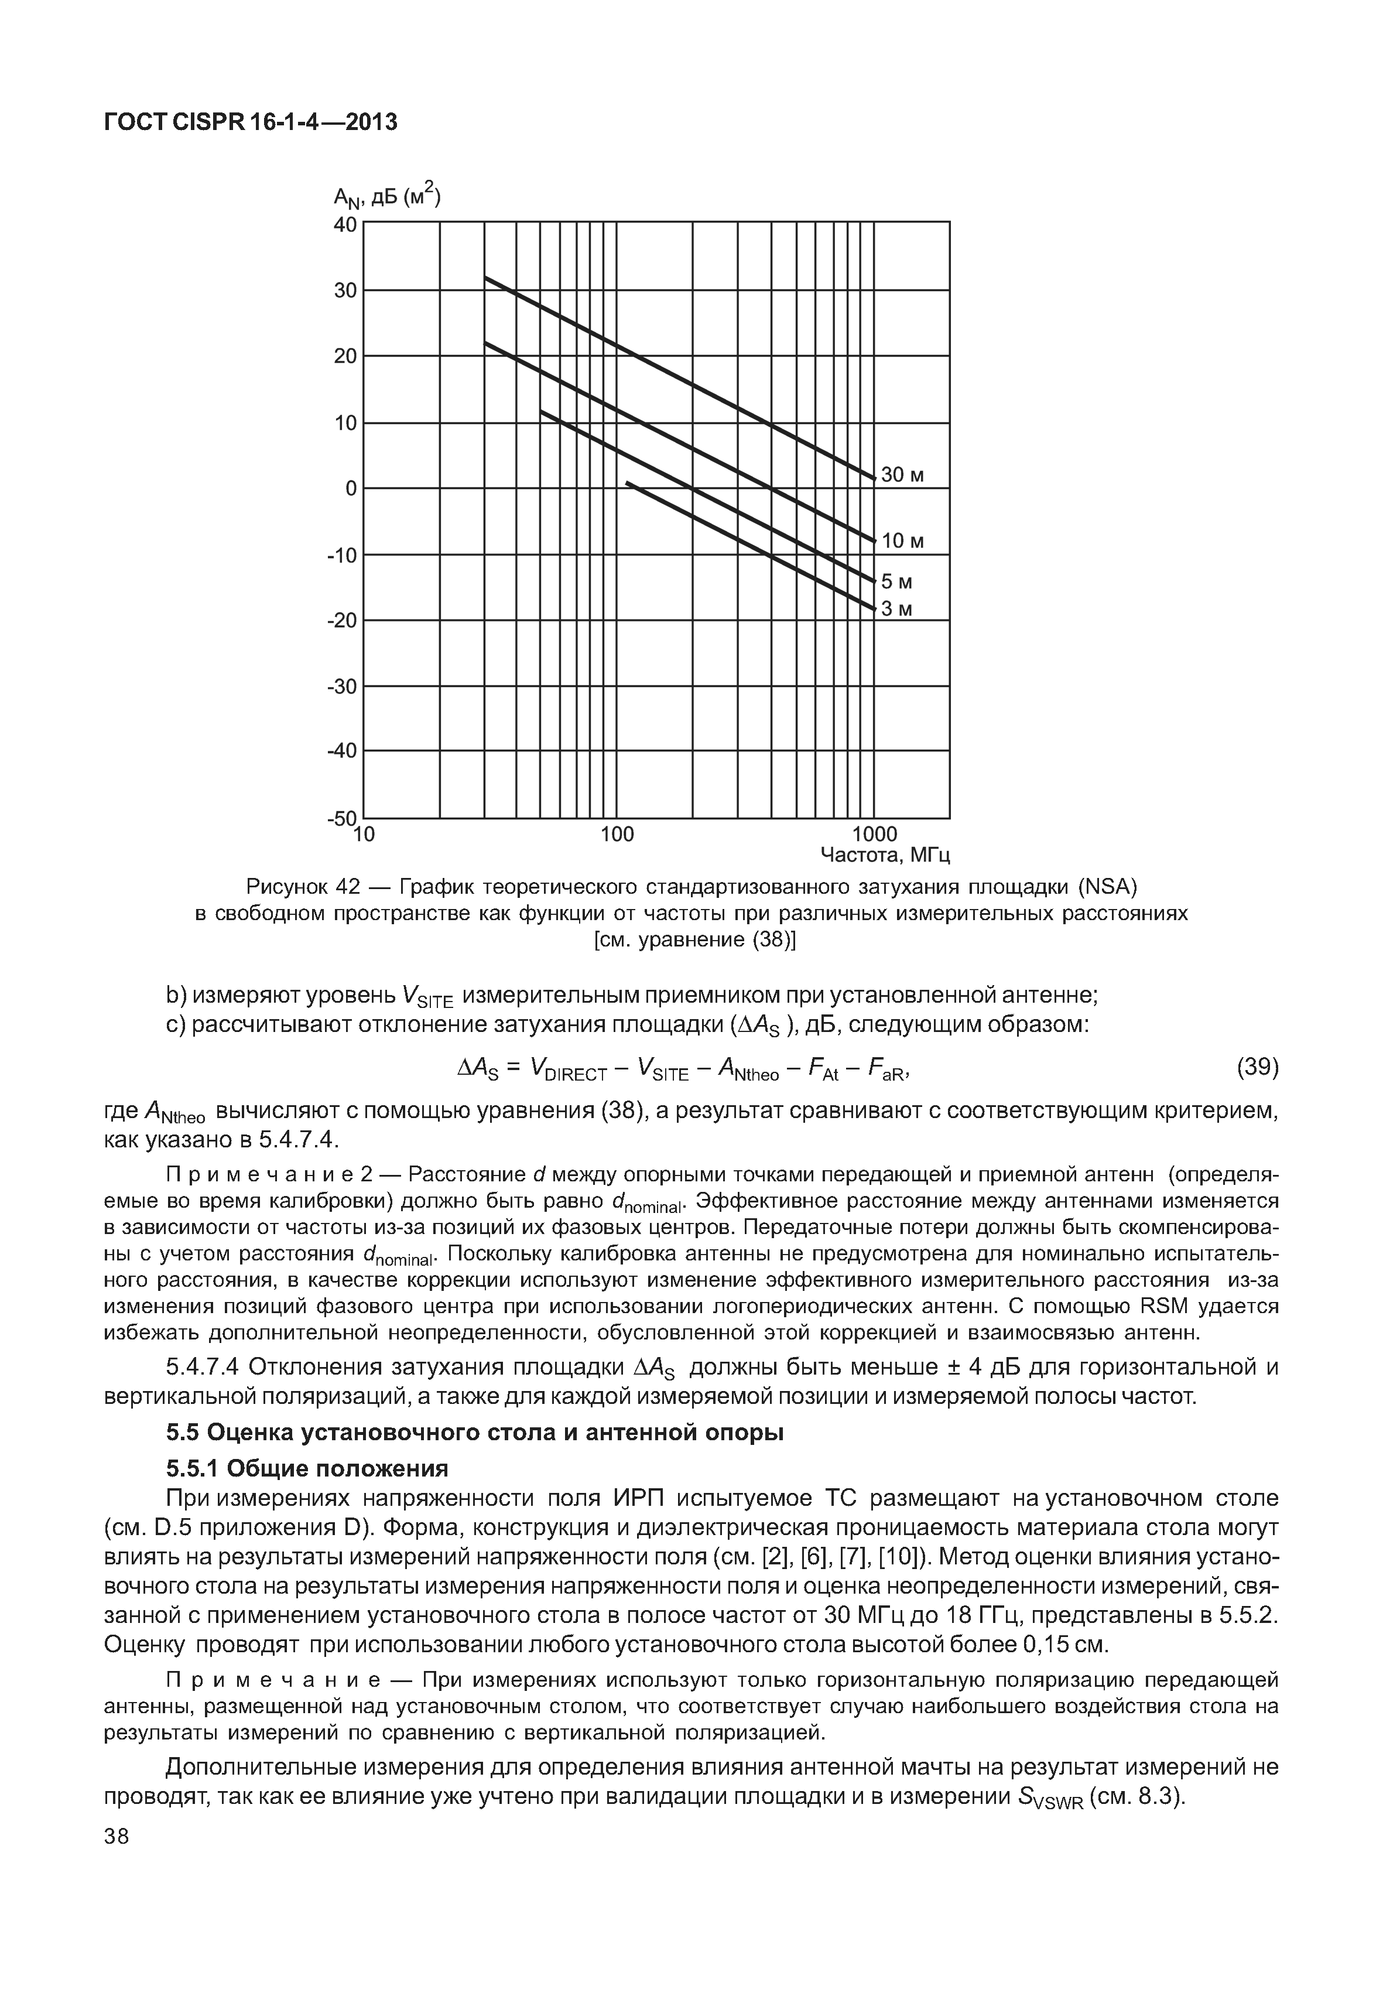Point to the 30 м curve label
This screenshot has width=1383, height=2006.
click(x=903, y=475)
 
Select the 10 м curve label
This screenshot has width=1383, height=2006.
click(x=903, y=542)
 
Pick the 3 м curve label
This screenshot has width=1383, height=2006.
click(x=897, y=610)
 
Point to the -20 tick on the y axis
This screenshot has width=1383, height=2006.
click(x=343, y=621)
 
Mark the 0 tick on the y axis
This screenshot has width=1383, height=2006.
click(x=351, y=489)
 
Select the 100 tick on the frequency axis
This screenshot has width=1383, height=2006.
click(x=617, y=835)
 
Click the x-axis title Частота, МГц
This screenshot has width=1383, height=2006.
click(x=886, y=856)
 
